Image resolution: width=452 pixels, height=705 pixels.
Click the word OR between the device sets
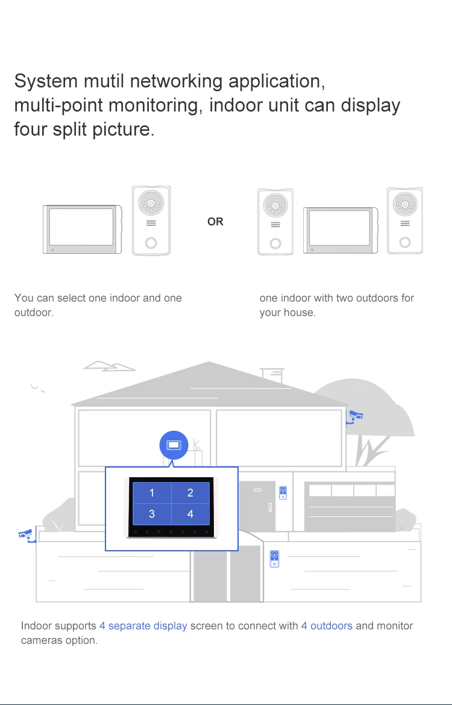215,222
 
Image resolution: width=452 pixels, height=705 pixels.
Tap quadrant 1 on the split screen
152,493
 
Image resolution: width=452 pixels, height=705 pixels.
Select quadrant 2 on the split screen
190,493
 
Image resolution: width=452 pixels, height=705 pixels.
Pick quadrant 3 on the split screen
152,514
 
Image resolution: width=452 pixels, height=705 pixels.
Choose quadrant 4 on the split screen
190,514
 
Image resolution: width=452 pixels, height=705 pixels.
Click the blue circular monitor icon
174,445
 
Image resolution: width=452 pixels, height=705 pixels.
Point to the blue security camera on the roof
356,415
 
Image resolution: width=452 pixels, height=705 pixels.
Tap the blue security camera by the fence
25,533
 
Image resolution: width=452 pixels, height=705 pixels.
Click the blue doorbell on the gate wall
275,558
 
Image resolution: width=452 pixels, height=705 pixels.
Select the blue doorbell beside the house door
283,492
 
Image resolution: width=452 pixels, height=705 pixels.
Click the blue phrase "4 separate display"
143,626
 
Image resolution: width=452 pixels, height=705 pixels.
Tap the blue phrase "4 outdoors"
327,626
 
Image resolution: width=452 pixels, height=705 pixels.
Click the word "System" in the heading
46,81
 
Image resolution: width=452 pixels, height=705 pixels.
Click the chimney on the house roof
272,375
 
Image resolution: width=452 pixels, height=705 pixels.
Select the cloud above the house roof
108,366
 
